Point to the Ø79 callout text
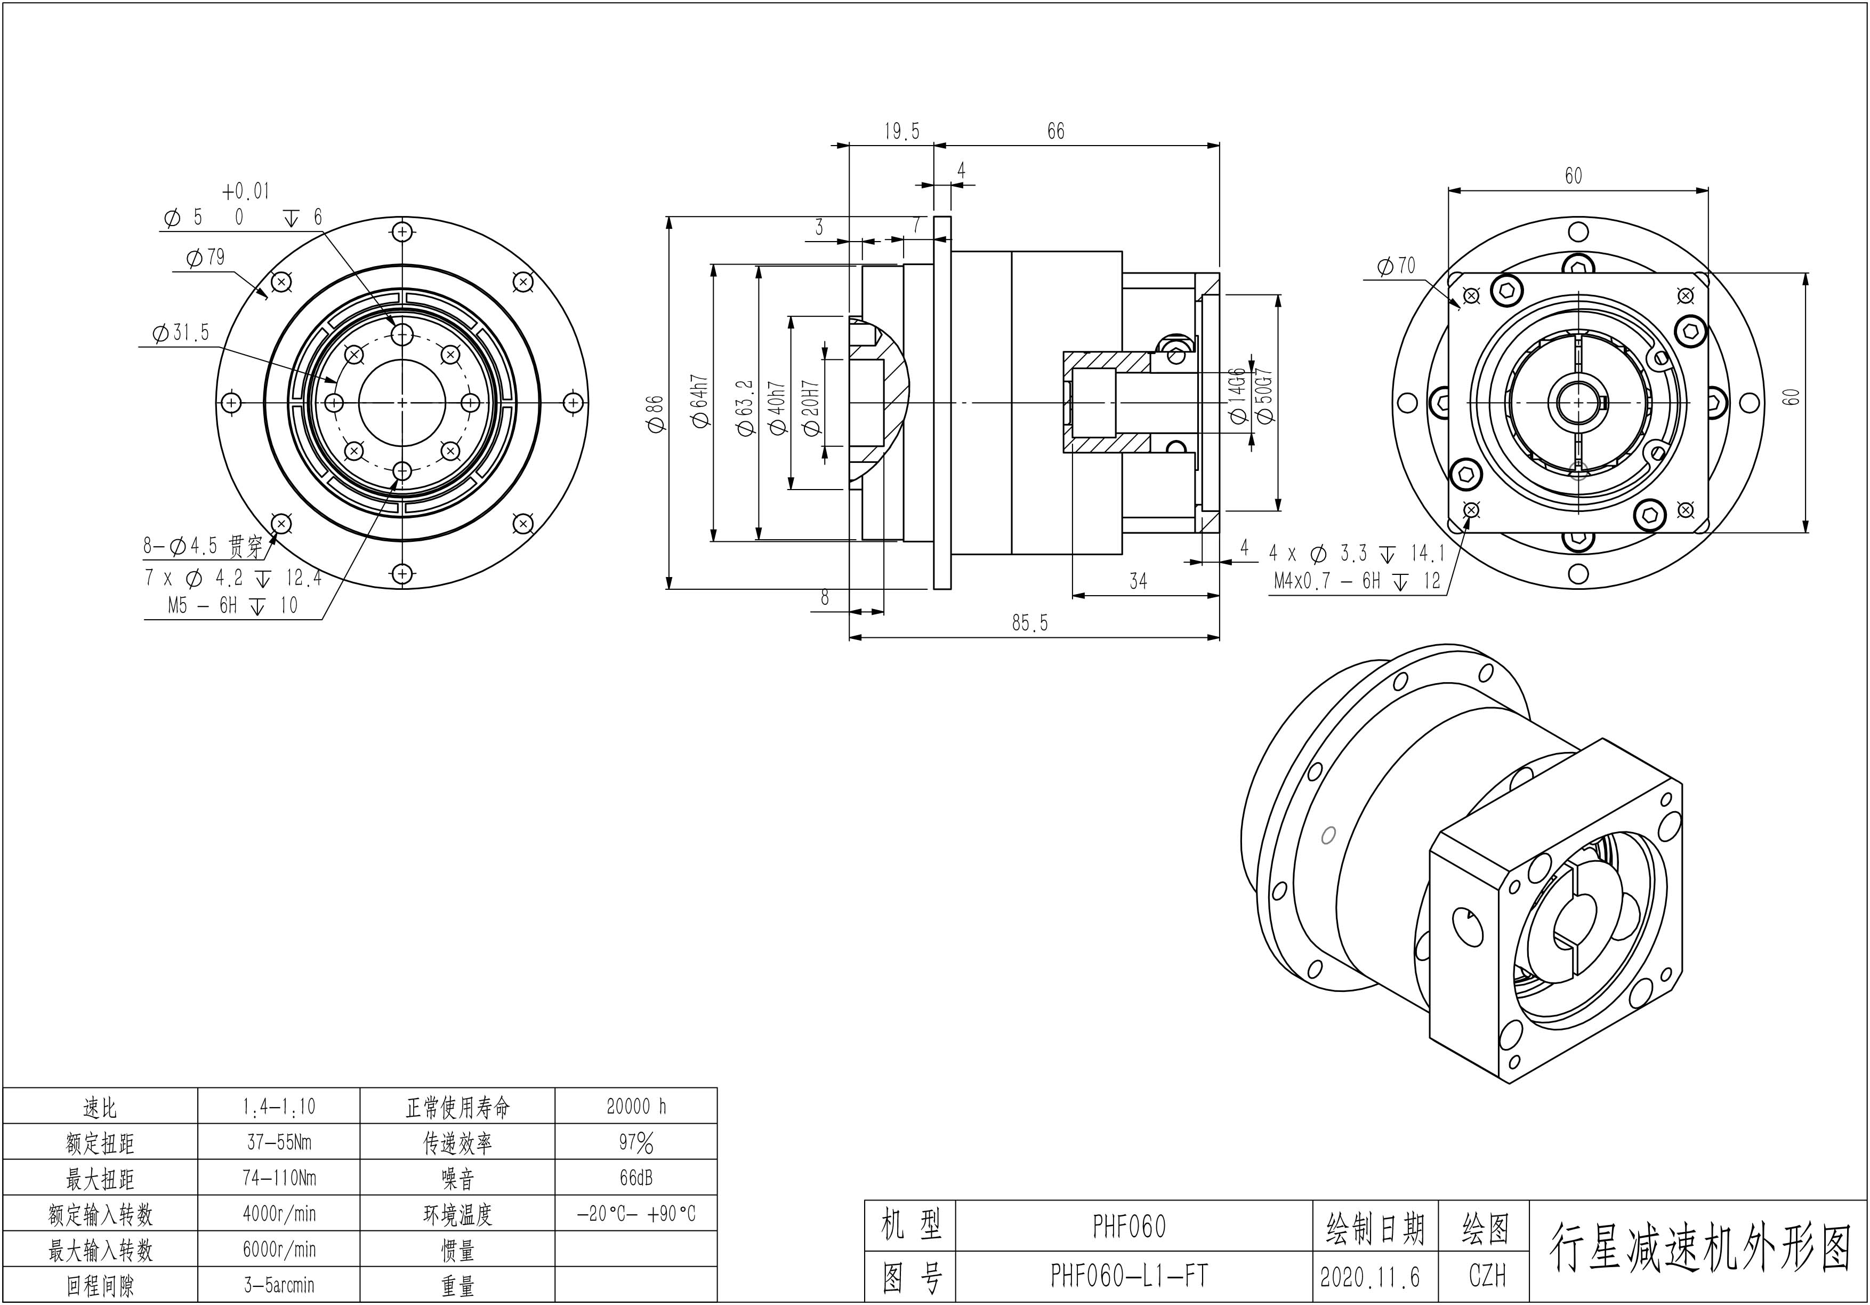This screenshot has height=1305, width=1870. coord(205,258)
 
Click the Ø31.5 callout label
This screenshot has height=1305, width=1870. coord(181,333)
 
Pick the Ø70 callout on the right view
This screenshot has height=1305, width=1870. coord(1396,266)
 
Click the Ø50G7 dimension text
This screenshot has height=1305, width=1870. coord(1265,396)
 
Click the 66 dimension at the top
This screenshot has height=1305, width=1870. coord(1055,132)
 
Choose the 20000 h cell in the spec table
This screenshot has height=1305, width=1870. coord(636,1106)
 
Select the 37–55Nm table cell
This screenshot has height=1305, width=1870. coord(279,1142)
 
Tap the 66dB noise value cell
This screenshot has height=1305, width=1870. coord(636,1178)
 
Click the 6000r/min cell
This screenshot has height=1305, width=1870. coord(279,1250)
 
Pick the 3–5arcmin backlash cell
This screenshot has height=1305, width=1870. coord(279,1285)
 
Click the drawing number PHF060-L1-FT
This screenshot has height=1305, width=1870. coord(1129,1276)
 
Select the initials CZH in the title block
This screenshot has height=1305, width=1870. coord(1487,1276)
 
